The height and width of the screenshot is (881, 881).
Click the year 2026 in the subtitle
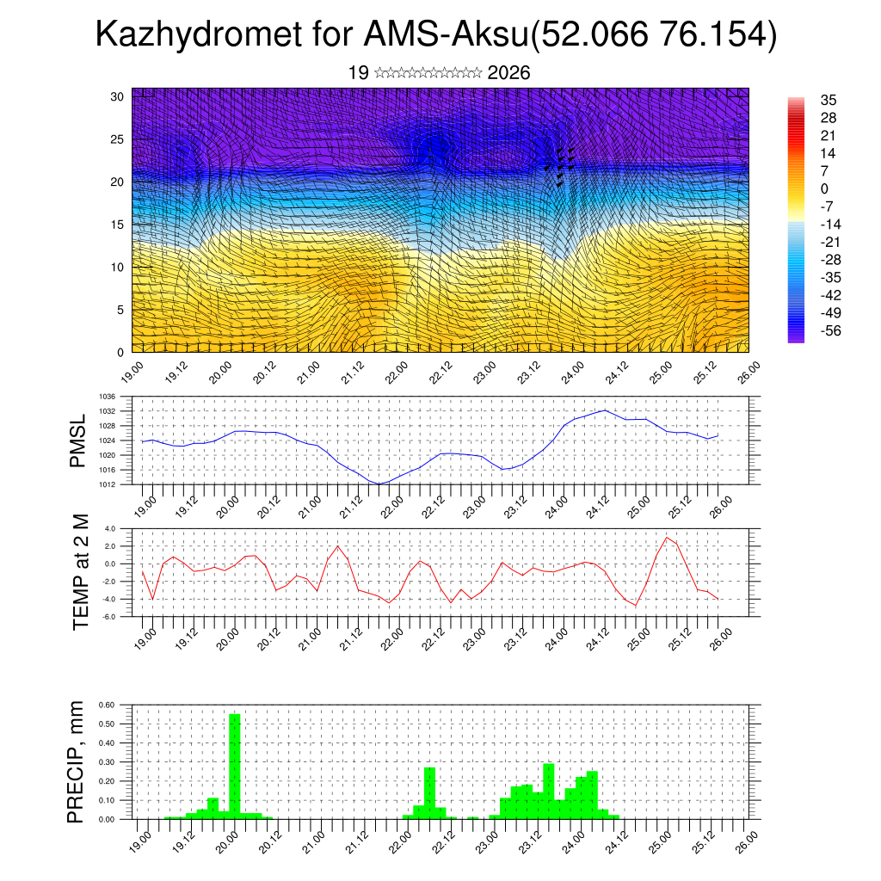tap(508, 73)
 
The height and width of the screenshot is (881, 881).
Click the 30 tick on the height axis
tap(118, 96)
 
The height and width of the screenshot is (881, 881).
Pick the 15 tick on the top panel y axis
tap(118, 225)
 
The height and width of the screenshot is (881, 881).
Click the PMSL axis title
tap(78, 440)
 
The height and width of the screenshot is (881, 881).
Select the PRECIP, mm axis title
tap(78, 761)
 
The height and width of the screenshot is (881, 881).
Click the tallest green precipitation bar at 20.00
tap(234, 766)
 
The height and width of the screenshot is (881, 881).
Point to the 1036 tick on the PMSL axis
tap(108, 397)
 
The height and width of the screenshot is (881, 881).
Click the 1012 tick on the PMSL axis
tap(108, 484)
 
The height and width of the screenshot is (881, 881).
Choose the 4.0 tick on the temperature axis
tap(110, 528)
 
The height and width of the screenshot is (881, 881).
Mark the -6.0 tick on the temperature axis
tap(109, 617)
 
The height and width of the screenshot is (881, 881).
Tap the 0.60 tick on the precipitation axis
tap(107, 705)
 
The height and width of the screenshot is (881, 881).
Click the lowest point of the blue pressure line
tap(379, 484)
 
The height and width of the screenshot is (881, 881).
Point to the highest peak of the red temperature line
tap(667, 538)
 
